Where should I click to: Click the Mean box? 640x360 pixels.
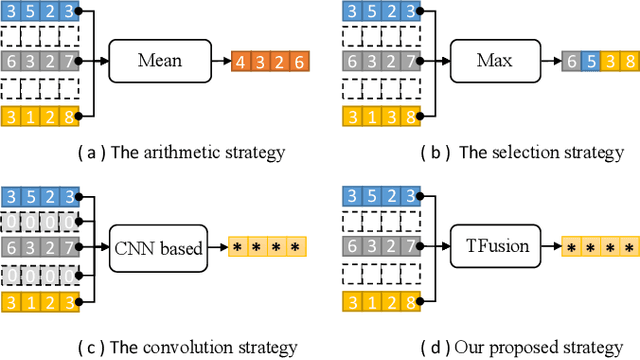[161, 61]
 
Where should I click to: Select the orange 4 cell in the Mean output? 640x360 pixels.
[240, 62]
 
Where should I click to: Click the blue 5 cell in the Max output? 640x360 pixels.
[590, 62]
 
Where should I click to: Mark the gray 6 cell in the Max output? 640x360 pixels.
[571, 62]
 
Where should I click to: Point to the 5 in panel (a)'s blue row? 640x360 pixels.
[30, 12]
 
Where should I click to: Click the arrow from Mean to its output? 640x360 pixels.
[222, 62]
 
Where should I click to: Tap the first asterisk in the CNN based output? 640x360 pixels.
[238, 245]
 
